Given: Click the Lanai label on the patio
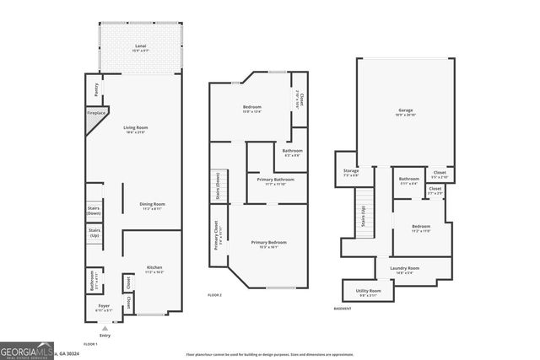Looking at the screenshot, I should coord(141,46).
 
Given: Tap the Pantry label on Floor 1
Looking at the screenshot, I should coord(96,87).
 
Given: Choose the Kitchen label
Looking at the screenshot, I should coord(154,271).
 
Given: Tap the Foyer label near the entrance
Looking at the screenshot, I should coord(104,306).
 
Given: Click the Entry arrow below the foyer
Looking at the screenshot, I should coord(105,327).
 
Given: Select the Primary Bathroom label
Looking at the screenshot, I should coord(275,180).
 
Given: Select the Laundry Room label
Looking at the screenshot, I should coord(404,269).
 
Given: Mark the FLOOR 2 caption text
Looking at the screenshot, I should coord(214,295).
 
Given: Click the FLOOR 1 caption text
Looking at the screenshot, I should coord(90,344).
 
